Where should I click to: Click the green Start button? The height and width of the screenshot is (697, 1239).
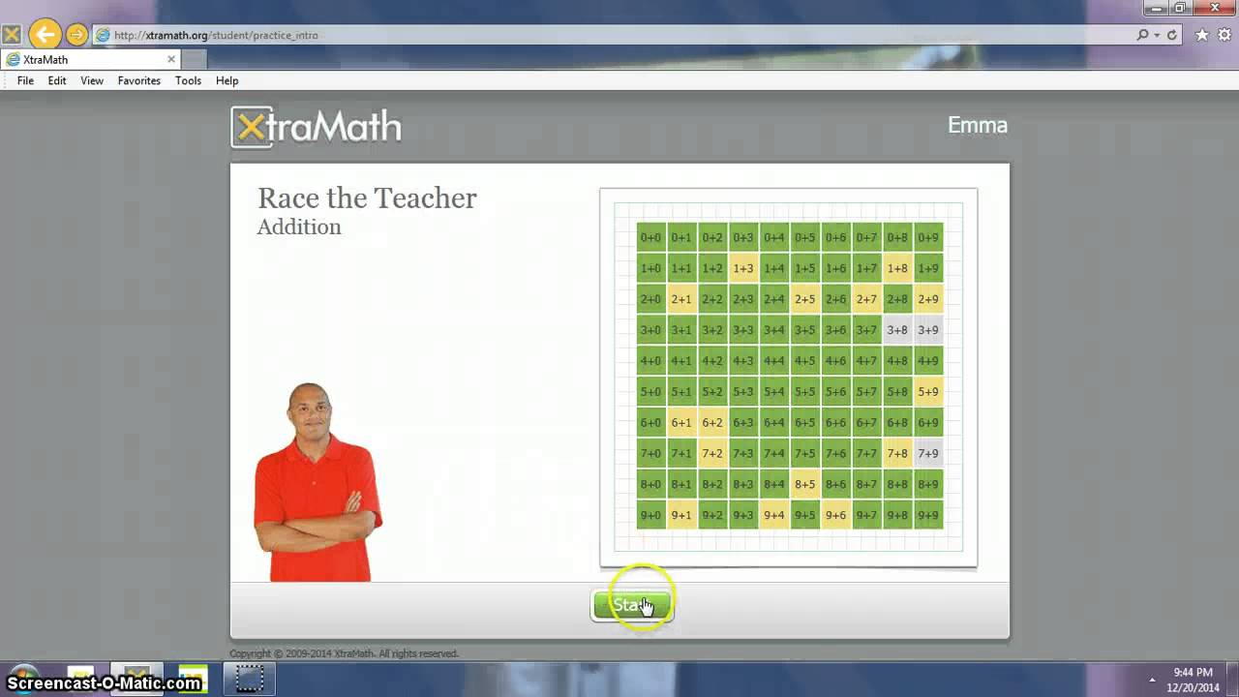[x=632, y=606]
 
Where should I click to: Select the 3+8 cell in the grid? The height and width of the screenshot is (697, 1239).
[x=897, y=330]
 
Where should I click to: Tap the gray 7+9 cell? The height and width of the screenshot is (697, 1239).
[x=928, y=453]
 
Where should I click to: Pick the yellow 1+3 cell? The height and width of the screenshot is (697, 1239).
[x=743, y=268]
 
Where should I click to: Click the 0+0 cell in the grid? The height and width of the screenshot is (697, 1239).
[x=650, y=237]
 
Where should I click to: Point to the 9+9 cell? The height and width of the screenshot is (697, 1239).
[x=928, y=515]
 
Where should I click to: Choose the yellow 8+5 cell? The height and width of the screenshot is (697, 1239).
[x=805, y=484]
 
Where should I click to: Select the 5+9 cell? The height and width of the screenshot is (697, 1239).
[x=928, y=392]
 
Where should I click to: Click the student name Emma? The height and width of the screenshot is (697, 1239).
[x=977, y=126]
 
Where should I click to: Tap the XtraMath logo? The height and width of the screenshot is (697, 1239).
[x=317, y=127]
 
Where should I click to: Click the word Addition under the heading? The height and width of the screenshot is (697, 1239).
[x=299, y=227]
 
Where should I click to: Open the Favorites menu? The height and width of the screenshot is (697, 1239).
[x=139, y=81]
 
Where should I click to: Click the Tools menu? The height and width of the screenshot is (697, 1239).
[x=188, y=81]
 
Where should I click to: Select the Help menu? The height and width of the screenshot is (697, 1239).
[x=227, y=81]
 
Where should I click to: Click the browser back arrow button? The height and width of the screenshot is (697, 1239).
[x=45, y=35]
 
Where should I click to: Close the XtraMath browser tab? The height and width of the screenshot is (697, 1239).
[x=171, y=59]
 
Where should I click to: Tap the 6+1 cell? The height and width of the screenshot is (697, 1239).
[x=681, y=422]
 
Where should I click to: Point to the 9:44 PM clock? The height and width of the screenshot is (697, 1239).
[x=1193, y=672]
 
